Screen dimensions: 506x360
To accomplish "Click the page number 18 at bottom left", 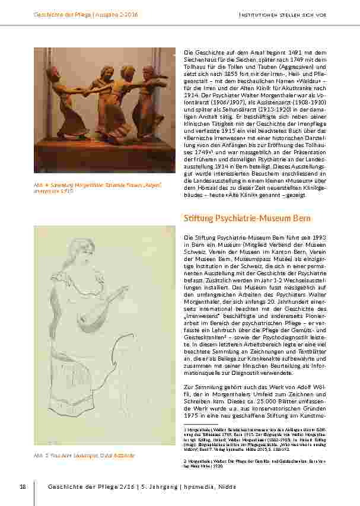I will [23, 487].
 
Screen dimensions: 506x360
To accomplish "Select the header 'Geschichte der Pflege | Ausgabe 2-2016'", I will [85, 14].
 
